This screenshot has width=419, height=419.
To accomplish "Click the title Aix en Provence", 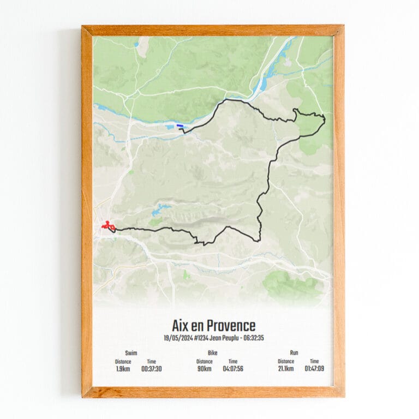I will (x=213, y=326).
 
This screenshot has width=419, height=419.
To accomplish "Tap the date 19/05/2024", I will (x=178, y=338).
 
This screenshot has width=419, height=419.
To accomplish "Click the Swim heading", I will (x=131, y=353).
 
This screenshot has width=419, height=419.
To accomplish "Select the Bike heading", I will (x=213, y=353).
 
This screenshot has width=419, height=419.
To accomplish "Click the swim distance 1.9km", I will (x=123, y=369).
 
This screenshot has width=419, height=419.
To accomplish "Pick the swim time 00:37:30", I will (x=151, y=369).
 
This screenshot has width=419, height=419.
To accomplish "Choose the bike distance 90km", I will (x=205, y=369).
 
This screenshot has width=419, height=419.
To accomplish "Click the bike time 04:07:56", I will (x=233, y=369).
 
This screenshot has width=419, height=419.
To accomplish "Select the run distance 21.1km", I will (x=285, y=369).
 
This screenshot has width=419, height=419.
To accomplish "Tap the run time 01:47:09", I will (x=315, y=369).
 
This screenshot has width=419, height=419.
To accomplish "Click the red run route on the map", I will (x=107, y=225).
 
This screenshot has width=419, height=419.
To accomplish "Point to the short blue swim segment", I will (x=179, y=126).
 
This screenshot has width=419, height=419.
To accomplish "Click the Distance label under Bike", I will (x=205, y=361).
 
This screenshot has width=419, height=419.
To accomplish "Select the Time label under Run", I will (x=315, y=361).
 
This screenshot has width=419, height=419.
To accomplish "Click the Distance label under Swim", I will (x=123, y=361).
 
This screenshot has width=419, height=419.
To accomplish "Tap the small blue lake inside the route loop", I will (x=161, y=209).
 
